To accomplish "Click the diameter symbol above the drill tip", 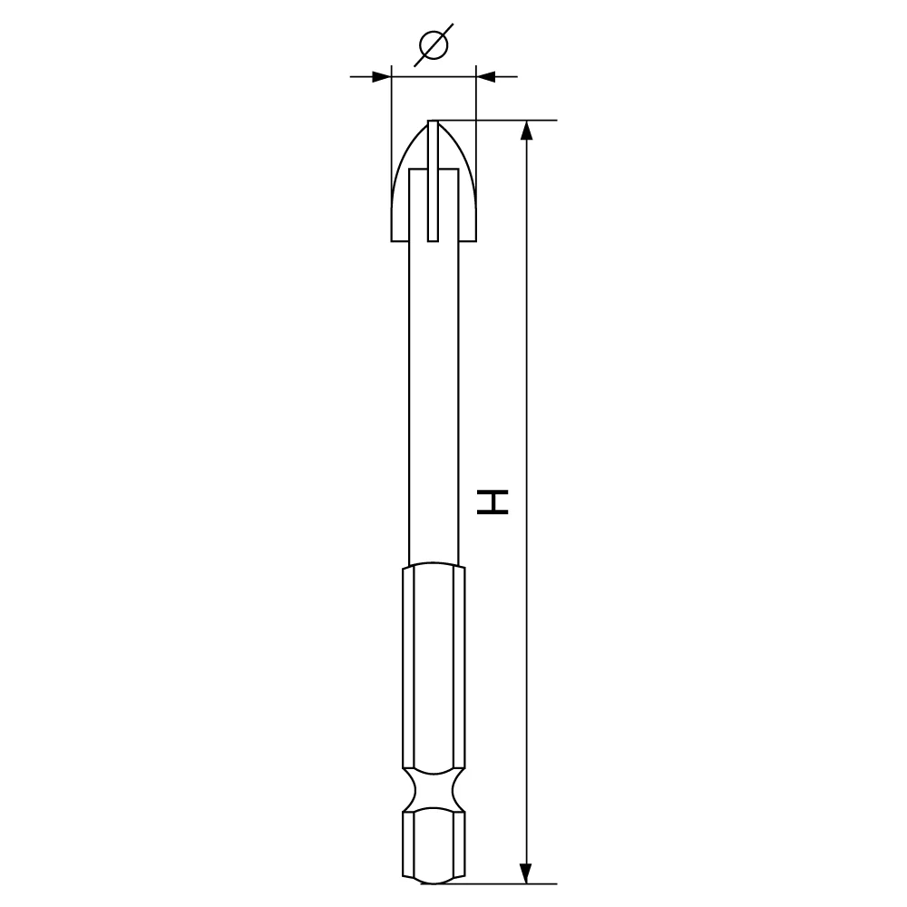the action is (x=434, y=45).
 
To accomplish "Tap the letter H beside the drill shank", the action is (x=493, y=502).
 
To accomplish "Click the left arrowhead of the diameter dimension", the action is (x=381, y=76).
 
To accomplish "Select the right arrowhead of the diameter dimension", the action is (x=486, y=76).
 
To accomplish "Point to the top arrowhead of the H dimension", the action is (x=526, y=130).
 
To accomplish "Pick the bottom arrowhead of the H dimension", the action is (x=526, y=873).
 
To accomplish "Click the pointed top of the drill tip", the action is (x=434, y=122).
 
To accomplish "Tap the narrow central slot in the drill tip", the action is (x=434, y=180).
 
